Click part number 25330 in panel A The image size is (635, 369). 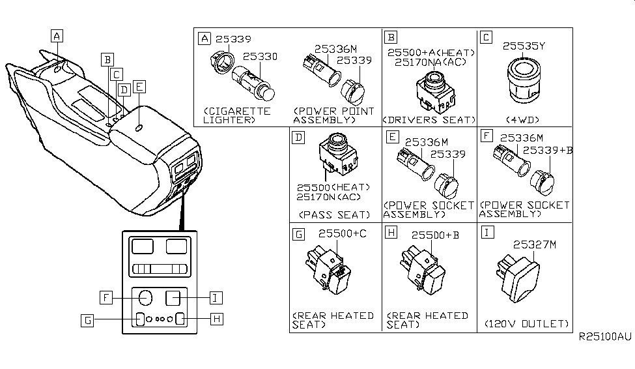(x=260, y=57)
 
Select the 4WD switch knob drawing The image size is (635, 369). (x=524, y=80)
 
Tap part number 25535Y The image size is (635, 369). (x=523, y=46)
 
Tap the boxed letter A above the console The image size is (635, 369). (x=58, y=37)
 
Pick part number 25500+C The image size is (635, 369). (x=339, y=233)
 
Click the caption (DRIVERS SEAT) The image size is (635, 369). (x=429, y=120)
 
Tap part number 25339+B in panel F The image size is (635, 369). (x=547, y=150)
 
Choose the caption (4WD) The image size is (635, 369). (x=523, y=120)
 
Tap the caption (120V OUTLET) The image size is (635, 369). (x=527, y=323)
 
